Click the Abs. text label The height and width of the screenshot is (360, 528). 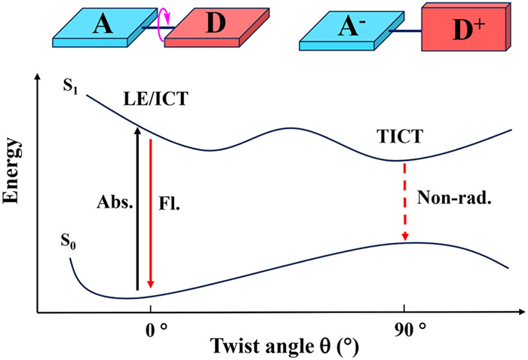point(113,203)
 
